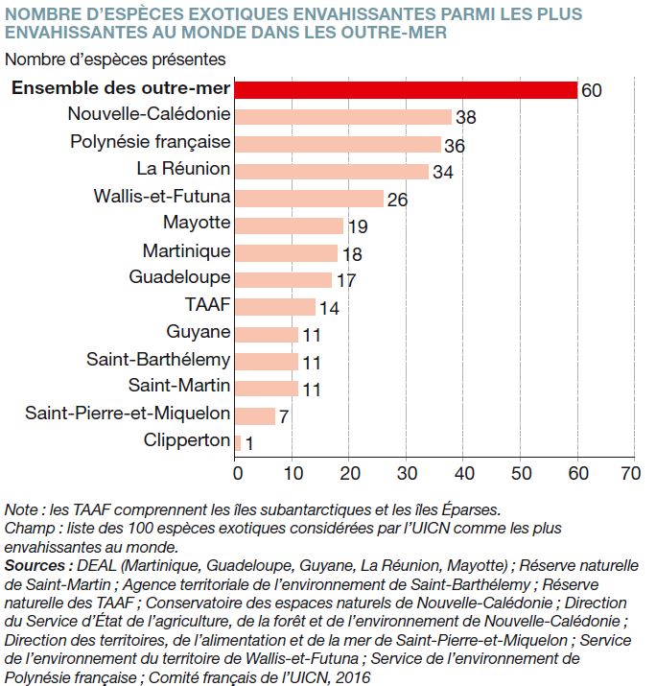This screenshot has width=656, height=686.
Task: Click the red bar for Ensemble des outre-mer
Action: [406, 90]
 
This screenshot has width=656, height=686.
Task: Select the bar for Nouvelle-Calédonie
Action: [343, 117]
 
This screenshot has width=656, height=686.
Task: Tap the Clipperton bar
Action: [238, 443]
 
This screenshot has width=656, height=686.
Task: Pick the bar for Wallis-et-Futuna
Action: [309, 199]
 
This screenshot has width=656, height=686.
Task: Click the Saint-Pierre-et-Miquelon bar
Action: [255, 416]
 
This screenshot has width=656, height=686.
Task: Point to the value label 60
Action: [592, 90]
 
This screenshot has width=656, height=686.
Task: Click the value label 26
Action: [397, 200]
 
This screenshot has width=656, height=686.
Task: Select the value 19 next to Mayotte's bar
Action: [358, 226]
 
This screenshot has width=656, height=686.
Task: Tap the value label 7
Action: [284, 416]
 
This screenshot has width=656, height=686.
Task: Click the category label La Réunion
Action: [183, 169]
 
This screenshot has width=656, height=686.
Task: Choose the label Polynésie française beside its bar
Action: [150, 142]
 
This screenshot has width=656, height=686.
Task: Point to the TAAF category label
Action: [208, 304]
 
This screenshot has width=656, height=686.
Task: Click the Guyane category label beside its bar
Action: [199, 332]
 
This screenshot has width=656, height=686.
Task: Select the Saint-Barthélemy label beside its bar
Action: [158, 359]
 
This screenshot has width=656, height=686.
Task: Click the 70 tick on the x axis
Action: [630, 473]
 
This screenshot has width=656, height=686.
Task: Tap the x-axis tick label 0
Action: [238, 473]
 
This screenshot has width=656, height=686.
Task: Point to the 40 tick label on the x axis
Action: [464, 473]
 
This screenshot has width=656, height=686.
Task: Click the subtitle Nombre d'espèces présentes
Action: [115, 59]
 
